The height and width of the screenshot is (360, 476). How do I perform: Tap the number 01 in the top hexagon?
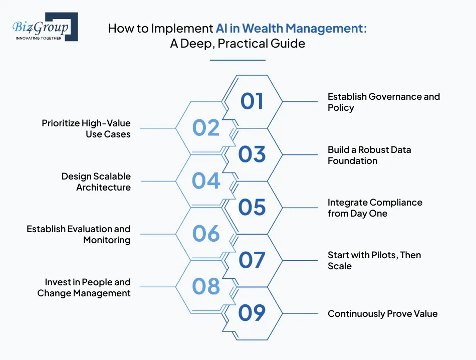(252, 101)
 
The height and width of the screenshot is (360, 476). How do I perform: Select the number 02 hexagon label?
(206, 128)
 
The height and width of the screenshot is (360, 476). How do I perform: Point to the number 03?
(252, 154)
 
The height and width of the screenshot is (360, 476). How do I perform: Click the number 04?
(206, 181)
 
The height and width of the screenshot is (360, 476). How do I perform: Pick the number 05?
(252, 207)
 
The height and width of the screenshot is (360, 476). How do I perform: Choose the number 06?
(206, 234)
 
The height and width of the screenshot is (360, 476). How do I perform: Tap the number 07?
(252, 260)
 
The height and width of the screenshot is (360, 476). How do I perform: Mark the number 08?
(206, 287)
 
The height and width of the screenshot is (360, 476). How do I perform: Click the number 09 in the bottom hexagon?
(252, 313)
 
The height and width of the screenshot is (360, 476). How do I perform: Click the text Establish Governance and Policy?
(383, 102)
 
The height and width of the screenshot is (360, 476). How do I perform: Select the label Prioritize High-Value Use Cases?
(86, 128)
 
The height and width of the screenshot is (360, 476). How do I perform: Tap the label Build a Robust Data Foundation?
(369, 155)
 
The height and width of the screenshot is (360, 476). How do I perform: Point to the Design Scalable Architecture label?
(96, 182)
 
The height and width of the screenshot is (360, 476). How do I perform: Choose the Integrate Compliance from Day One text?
(375, 208)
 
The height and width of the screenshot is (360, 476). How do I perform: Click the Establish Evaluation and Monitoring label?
(78, 234)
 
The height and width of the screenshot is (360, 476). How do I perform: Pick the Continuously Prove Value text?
(382, 314)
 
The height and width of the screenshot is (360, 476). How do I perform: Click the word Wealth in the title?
(265, 28)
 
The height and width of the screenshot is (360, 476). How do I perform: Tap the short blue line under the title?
(237, 60)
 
